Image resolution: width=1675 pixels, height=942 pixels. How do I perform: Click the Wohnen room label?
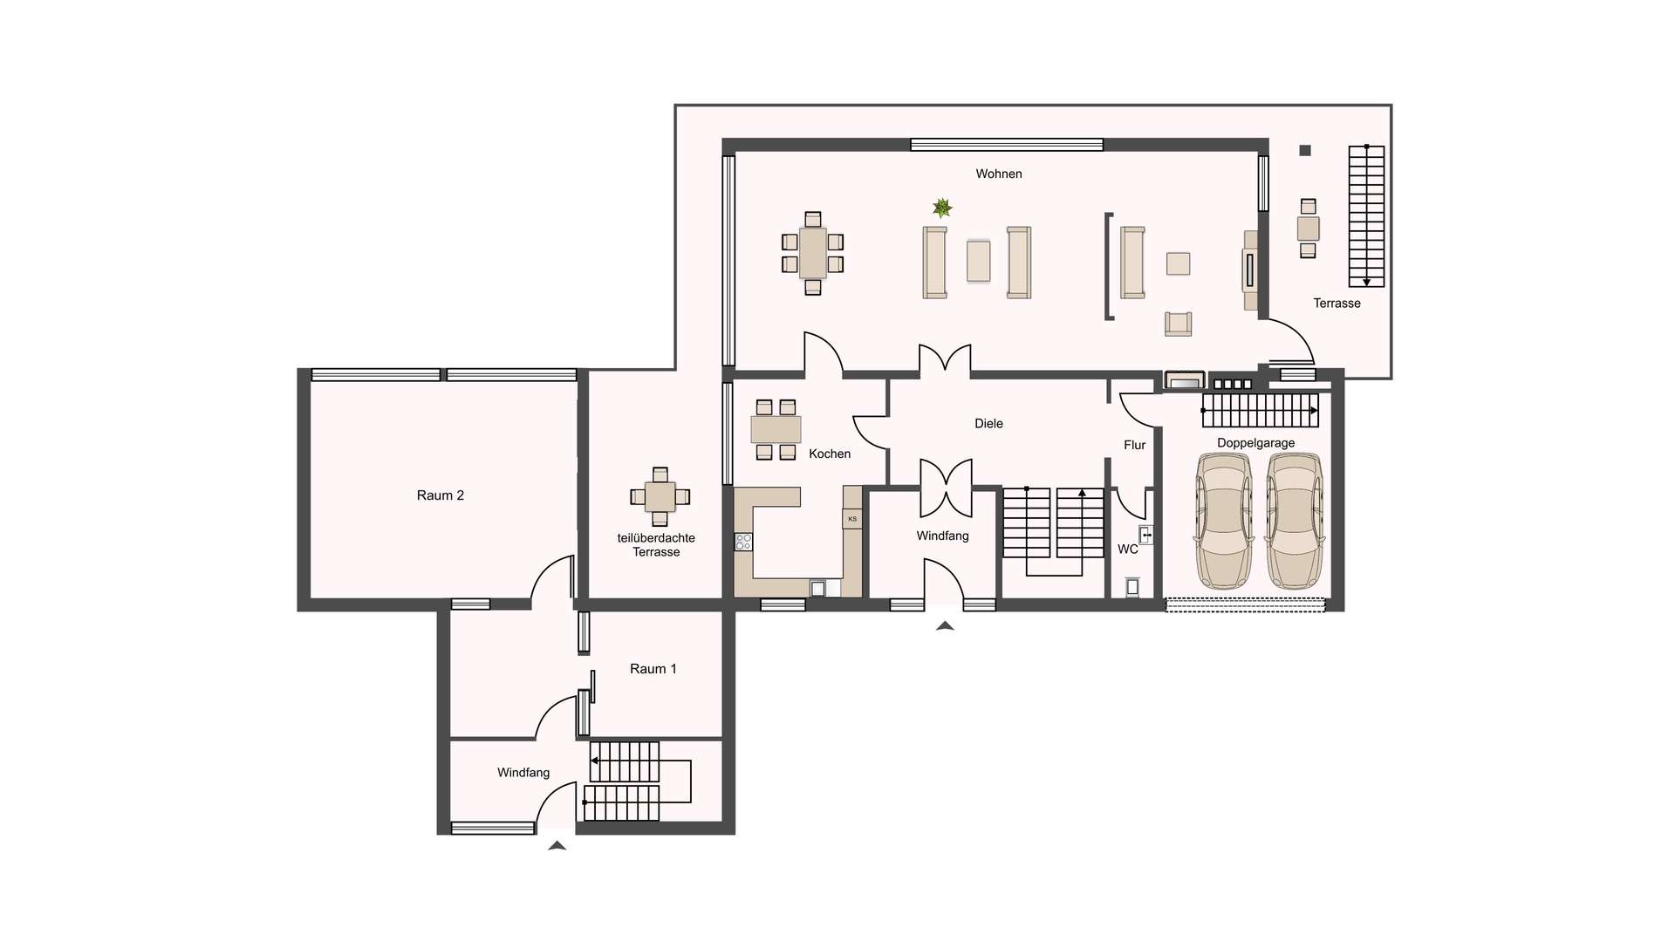pyautogui.click(x=998, y=174)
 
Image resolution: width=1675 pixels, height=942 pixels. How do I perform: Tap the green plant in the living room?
pyautogui.click(x=942, y=208)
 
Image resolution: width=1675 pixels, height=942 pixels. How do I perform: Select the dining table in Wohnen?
pyautogui.click(x=813, y=253)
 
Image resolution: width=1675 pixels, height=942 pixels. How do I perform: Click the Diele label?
pyautogui.click(x=988, y=423)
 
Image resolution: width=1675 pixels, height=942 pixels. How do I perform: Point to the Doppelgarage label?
pyautogui.click(x=1255, y=442)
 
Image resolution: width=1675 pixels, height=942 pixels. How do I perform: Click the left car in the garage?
pyautogui.click(x=1224, y=521)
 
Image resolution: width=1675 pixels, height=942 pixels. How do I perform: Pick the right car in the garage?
pyautogui.click(x=1295, y=521)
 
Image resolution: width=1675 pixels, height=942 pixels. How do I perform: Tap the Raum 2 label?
pyautogui.click(x=440, y=495)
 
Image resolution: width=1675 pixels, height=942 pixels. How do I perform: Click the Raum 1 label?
pyautogui.click(x=653, y=669)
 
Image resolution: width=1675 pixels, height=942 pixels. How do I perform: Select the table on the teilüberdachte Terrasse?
pyautogui.click(x=660, y=496)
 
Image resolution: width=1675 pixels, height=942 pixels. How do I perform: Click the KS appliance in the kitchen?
pyautogui.click(x=852, y=519)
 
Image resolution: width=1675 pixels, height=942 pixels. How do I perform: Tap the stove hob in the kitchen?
pyautogui.click(x=743, y=542)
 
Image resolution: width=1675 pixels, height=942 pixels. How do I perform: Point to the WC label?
pyautogui.click(x=1127, y=549)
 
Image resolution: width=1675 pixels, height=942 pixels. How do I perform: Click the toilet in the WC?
pyautogui.click(x=1132, y=587)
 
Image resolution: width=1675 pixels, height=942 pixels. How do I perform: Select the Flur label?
pyautogui.click(x=1134, y=445)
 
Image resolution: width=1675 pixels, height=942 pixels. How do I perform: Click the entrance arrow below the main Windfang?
pyautogui.click(x=945, y=625)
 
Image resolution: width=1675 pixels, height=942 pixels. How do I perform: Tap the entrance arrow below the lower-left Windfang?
pyautogui.click(x=557, y=845)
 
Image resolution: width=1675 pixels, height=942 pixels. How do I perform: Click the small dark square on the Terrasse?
pyautogui.click(x=1305, y=151)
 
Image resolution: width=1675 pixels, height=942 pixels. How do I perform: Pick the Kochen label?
pyautogui.click(x=829, y=454)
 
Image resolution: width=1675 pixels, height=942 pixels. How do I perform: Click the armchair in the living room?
pyautogui.click(x=1178, y=324)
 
